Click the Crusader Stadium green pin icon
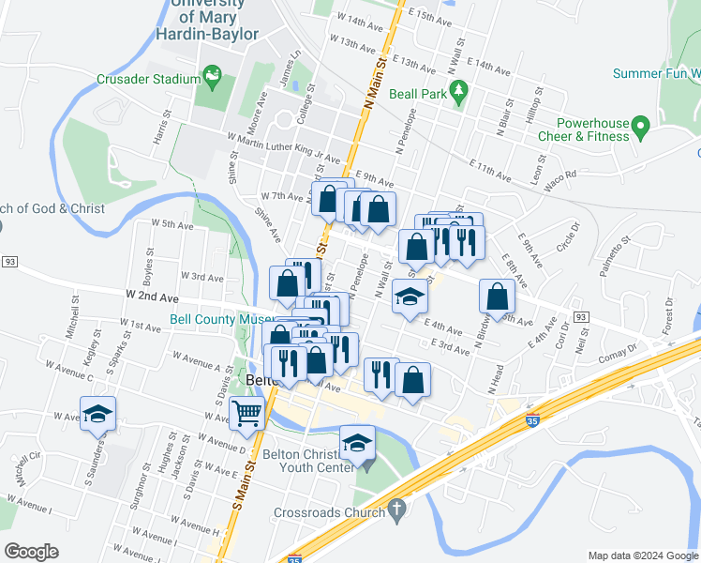(213, 73)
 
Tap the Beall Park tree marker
(458, 89)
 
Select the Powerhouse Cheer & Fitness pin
(641, 125)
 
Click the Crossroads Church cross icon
(396, 512)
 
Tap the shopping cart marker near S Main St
(246, 412)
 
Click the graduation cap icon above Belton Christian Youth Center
(356, 441)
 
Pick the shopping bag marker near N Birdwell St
(497, 297)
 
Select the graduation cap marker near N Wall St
(410, 297)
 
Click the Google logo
(31, 552)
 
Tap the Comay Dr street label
(620, 352)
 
